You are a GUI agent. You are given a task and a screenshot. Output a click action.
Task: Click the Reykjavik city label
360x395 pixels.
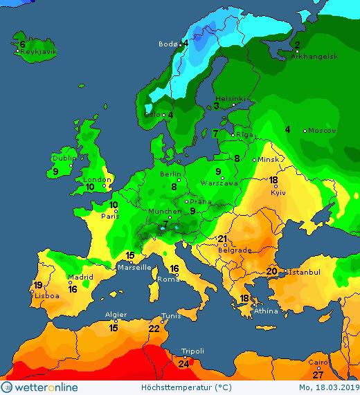[x=38, y=52]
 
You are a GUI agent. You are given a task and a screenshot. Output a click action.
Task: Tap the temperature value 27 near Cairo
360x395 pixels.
[x=318, y=374]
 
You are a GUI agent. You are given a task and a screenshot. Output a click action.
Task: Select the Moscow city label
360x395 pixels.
[x=322, y=131]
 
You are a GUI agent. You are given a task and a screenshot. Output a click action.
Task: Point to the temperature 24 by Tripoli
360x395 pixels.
[x=184, y=364]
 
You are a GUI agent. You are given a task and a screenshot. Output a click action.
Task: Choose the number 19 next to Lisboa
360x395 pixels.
[x=38, y=285]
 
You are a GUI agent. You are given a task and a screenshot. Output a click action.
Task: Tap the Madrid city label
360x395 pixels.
[x=80, y=278]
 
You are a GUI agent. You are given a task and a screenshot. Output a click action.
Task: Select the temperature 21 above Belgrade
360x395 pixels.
[x=223, y=239]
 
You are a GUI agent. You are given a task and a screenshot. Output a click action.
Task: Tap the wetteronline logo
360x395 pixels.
[x=39, y=387]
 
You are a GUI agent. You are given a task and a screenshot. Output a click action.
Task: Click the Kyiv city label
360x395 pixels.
[x=278, y=192]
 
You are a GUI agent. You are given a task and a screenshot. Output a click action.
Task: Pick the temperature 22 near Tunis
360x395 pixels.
[x=154, y=329]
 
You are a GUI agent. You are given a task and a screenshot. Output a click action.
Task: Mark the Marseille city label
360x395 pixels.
[x=134, y=268]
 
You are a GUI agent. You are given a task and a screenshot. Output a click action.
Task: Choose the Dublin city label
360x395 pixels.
[x=64, y=158]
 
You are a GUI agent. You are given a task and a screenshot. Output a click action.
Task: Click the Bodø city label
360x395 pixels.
[x=168, y=44]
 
